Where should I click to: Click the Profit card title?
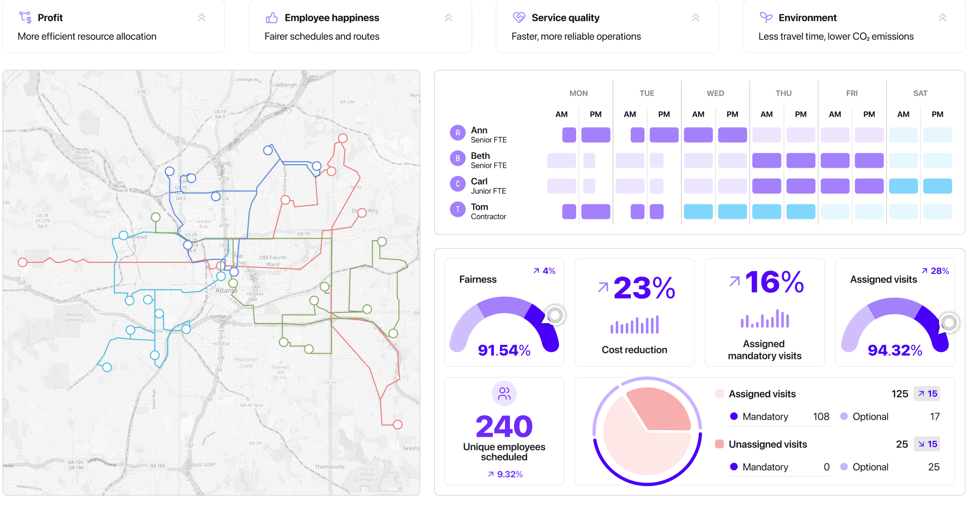pos(50,18)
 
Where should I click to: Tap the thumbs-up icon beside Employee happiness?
pos(271,18)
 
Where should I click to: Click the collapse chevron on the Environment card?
pos(942,18)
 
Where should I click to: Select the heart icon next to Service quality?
pos(519,18)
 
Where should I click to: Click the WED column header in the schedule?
pos(715,94)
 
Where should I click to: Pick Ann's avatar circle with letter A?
pos(457,133)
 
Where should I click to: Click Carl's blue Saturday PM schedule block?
pos(937,186)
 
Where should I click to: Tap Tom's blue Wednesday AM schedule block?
pos(698,211)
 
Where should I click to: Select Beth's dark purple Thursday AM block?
pos(766,161)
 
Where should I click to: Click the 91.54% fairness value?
pos(504,350)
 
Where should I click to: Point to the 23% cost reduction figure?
pos(644,288)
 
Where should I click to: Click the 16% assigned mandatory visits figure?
pos(774,282)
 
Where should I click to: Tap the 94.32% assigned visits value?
pos(895,350)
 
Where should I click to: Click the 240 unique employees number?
pos(504,426)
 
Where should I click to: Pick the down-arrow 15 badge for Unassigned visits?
pos(927,444)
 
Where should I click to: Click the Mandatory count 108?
pos(820,417)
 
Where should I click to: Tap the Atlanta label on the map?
pos(225,291)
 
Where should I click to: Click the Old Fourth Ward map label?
pos(272,261)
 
